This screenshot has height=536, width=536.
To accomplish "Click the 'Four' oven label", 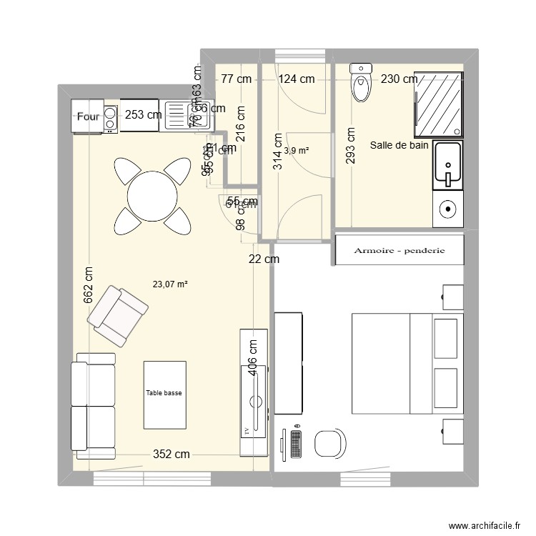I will [88, 116].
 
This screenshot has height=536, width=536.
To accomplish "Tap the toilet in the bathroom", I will [361, 84].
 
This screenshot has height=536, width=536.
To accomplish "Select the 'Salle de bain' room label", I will [399, 146].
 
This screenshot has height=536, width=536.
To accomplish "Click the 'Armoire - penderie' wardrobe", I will [400, 250].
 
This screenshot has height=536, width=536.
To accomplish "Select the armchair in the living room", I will [118, 315].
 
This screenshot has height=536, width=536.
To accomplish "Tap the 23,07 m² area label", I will [170, 284].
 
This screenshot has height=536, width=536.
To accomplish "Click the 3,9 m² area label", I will [296, 151].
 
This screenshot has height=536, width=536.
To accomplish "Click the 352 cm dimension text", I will [172, 454].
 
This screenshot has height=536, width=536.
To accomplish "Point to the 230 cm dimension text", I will [399, 79].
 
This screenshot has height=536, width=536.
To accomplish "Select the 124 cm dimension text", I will [297, 79].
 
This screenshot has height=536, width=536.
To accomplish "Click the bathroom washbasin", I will [448, 165].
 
